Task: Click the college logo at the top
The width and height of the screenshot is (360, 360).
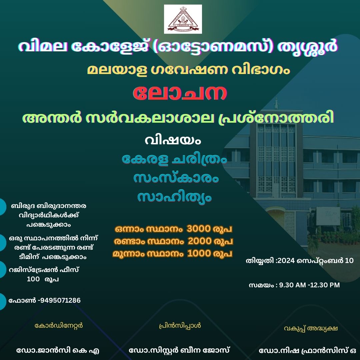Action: [183, 19]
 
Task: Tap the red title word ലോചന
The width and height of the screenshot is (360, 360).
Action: [180, 93]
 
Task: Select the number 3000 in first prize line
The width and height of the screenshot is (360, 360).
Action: [199, 229]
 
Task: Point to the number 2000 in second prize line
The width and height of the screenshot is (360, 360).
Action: [200, 241]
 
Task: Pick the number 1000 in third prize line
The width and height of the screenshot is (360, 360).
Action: [199, 253]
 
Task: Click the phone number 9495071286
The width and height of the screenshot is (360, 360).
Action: [60, 300]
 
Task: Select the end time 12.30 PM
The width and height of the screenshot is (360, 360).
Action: [325, 285]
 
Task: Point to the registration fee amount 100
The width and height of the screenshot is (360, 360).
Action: [33, 279]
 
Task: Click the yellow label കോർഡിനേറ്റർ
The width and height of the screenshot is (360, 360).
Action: [59, 326]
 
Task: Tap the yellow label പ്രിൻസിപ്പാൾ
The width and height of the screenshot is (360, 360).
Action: [180, 326]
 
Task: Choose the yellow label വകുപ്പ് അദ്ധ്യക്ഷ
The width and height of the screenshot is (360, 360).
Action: [311, 328]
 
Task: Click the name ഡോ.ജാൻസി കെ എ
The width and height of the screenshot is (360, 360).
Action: [58, 351]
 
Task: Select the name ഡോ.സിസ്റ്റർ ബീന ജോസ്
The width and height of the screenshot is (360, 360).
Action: [179, 351]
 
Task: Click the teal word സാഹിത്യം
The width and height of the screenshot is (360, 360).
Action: [174, 197]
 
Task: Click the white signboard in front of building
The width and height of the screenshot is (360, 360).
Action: [328, 216]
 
